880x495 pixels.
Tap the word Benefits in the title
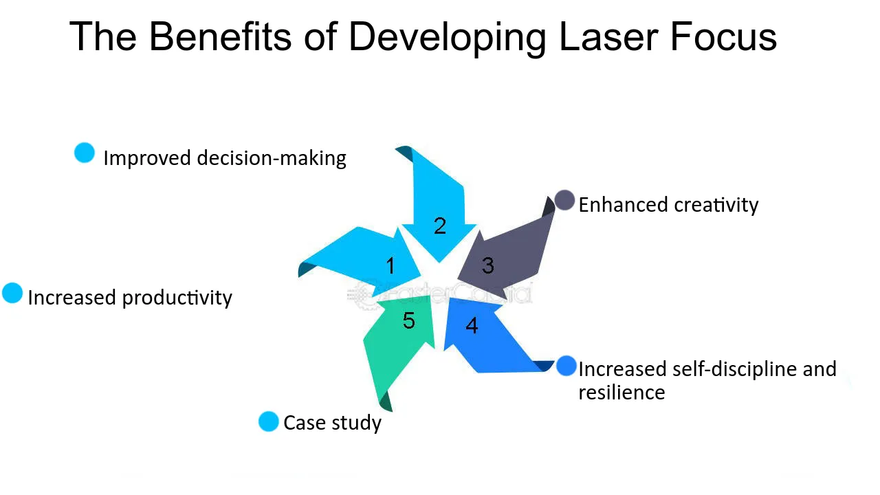tap(220, 36)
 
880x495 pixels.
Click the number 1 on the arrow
tap(390, 265)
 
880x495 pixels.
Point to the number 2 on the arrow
tap(440, 225)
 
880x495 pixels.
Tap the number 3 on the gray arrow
tap(488, 265)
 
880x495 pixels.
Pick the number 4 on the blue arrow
tap(472, 325)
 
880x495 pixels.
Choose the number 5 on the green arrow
tap(409, 320)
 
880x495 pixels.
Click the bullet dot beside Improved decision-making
tap(85, 153)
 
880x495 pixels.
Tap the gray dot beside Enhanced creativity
tap(564, 201)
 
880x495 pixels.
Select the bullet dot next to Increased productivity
tap(12, 294)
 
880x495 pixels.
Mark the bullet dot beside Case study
tap(268, 421)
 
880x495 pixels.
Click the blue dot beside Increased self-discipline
tap(566, 366)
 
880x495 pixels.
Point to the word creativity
tap(716, 205)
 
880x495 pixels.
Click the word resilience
tap(621, 393)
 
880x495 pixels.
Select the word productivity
tap(177, 298)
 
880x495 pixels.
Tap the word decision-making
tap(272, 158)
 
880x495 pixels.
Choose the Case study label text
tap(332, 423)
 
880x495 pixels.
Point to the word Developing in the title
tap(447, 38)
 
